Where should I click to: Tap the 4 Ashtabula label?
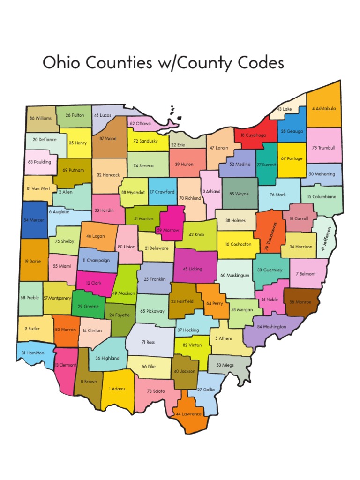click(x=323, y=108)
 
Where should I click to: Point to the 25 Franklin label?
click(x=155, y=279)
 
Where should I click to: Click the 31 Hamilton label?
click(x=33, y=352)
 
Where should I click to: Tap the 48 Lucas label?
click(x=102, y=115)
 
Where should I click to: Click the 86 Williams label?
click(x=40, y=118)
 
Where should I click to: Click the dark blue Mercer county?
click(x=34, y=219)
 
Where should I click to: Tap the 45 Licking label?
click(x=192, y=269)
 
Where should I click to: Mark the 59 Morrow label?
click(x=168, y=230)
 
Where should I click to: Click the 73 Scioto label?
click(x=156, y=390)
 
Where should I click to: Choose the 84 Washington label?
click(x=272, y=326)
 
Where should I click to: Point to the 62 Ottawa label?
click(x=140, y=124)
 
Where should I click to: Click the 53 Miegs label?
click(x=225, y=365)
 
